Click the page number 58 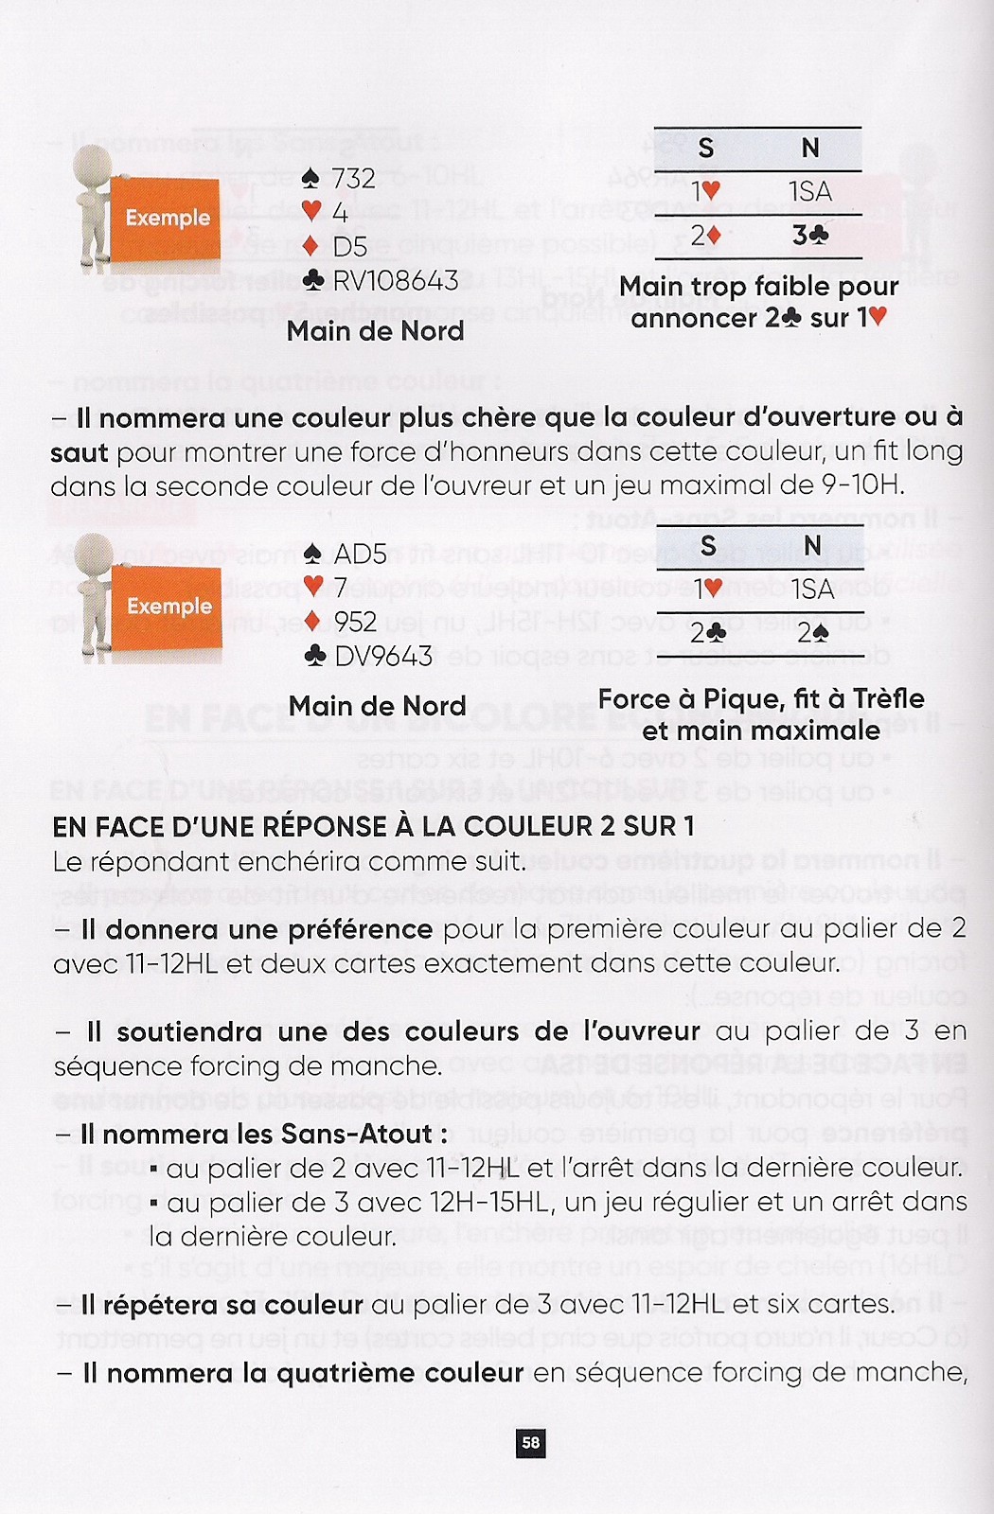click(x=531, y=1442)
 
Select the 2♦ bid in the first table click(x=704, y=235)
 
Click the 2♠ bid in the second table click(x=811, y=632)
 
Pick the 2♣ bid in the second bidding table click(x=706, y=632)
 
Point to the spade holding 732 click(x=339, y=179)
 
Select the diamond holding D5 click(x=335, y=246)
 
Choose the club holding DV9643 click(x=369, y=656)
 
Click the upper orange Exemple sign click(x=168, y=219)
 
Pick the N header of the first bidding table click(x=810, y=149)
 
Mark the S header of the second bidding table click(x=708, y=546)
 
